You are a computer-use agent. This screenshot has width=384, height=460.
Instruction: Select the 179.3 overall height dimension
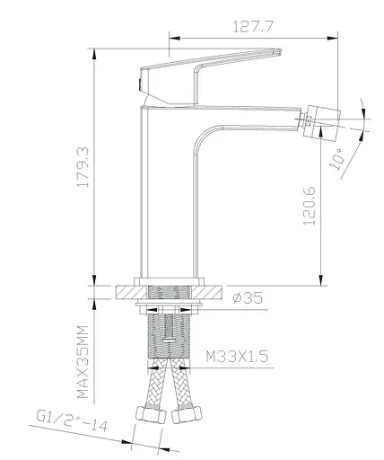(x=83, y=179)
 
